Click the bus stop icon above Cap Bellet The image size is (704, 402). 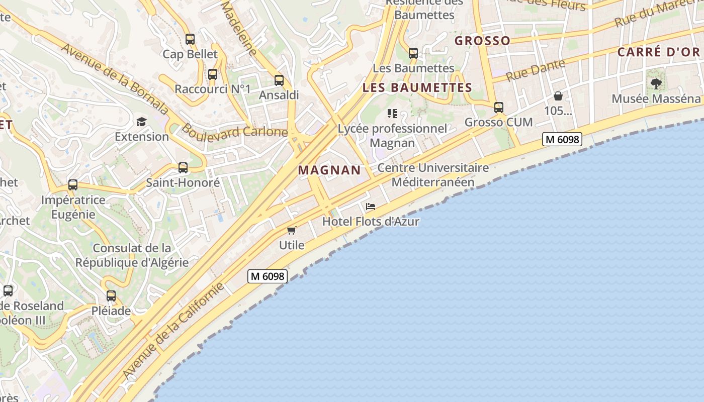click(190, 39)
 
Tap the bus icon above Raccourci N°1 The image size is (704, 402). click(213, 74)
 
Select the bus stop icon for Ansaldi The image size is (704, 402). click(279, 80)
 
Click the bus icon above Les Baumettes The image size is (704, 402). click(413, 53)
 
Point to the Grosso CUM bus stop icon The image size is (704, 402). click(499, 108)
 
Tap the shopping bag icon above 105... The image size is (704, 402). click(558, 96)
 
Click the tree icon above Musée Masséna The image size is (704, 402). click(656, 84)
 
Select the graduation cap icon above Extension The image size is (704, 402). click(141, 122)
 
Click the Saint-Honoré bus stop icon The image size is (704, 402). click(183, 168)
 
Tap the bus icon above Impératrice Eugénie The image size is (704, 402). click(73, 185)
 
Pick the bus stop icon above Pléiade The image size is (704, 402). click(111, 296)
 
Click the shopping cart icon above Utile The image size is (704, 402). click(292, 231)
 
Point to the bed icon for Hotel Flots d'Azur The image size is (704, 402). click(371, 207)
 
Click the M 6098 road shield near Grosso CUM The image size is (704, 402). click(562, 139)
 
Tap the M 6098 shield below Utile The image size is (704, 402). click(267, 276)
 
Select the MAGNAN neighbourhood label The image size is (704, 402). click(329, 170)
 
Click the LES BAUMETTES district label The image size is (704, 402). click(417, 88)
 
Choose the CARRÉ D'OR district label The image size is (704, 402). click(658, 52)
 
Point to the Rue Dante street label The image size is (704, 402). click(536, 70)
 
